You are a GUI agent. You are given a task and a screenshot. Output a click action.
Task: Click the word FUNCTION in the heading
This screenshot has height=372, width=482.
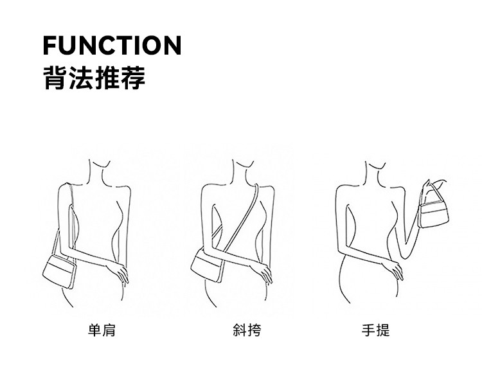click(x=112, y=46)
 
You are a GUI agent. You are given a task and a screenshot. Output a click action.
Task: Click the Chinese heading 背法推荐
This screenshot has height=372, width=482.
click(x=94, y=78)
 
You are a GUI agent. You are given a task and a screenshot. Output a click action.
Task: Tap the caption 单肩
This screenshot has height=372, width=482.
click(x=102, y=330)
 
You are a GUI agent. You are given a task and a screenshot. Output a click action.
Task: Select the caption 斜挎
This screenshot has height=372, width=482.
click(x=247, y=330)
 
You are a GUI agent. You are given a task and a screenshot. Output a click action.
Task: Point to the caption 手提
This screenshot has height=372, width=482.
click(x=376, y=330)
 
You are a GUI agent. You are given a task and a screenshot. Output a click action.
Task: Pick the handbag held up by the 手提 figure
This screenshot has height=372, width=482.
click(x=433, y=215)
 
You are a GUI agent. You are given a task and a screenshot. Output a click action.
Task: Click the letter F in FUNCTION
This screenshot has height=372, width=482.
click(x=50, y=46)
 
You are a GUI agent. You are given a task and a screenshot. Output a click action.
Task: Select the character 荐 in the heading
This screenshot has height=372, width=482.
click(x=133, y=78)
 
